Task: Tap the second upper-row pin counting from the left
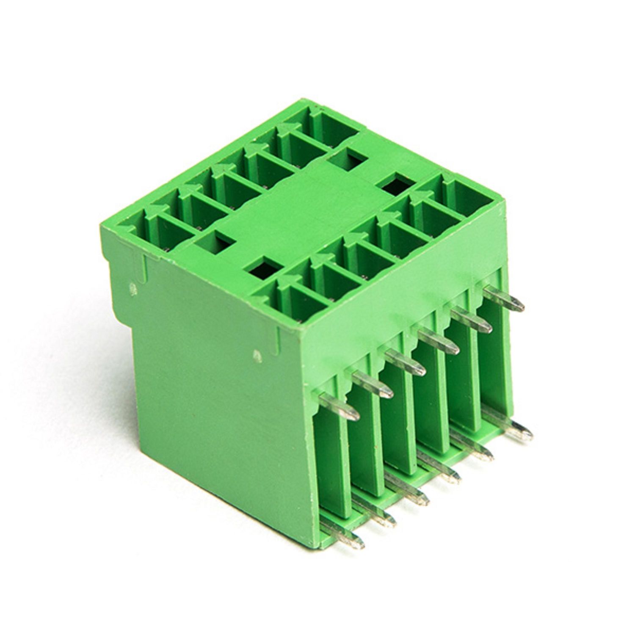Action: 372,385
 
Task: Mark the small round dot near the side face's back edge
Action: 133,289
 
